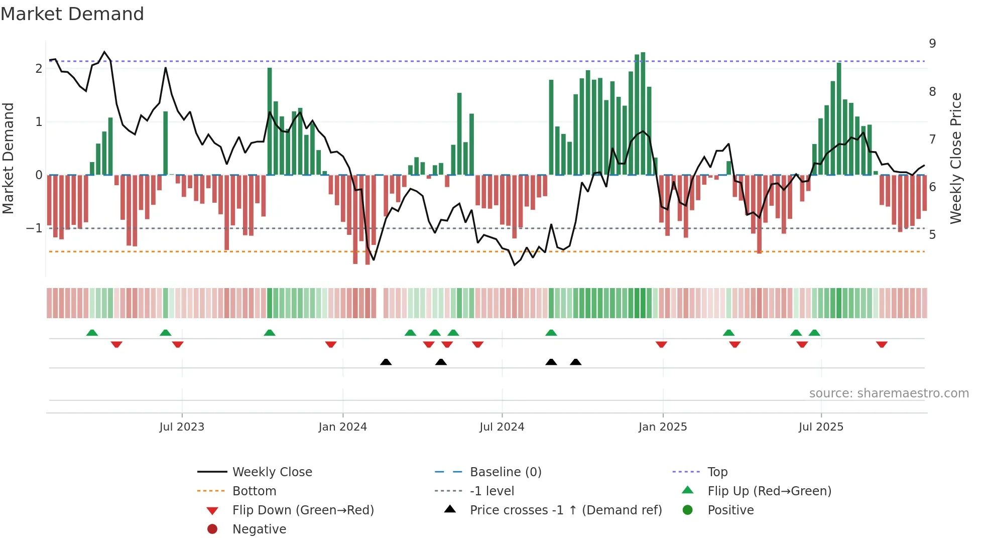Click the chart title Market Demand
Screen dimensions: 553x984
[72, 14]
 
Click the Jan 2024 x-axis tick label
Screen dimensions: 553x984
[342, 427]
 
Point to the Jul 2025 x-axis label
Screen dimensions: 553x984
[821, 427]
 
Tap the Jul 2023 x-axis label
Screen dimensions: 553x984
[182, 427]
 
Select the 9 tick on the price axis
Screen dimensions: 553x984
[932, 44]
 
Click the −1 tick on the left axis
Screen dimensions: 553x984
[34, 228]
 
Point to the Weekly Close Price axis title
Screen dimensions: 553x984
[956, 158]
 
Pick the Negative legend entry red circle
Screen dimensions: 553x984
[212, 529]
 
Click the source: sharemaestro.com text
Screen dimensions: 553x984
[889, 393]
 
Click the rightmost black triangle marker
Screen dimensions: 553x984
[576, 362]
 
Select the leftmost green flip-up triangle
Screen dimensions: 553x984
[92, 333]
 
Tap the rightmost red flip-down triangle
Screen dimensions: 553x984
[882, 344]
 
